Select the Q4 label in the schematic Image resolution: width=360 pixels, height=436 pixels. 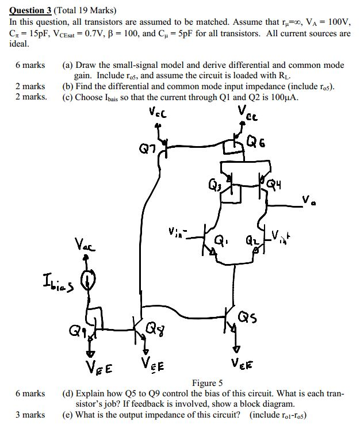[279, 185]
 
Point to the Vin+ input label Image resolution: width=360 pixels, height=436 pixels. [281, 235]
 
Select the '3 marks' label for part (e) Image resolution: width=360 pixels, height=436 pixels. [30, 414]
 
